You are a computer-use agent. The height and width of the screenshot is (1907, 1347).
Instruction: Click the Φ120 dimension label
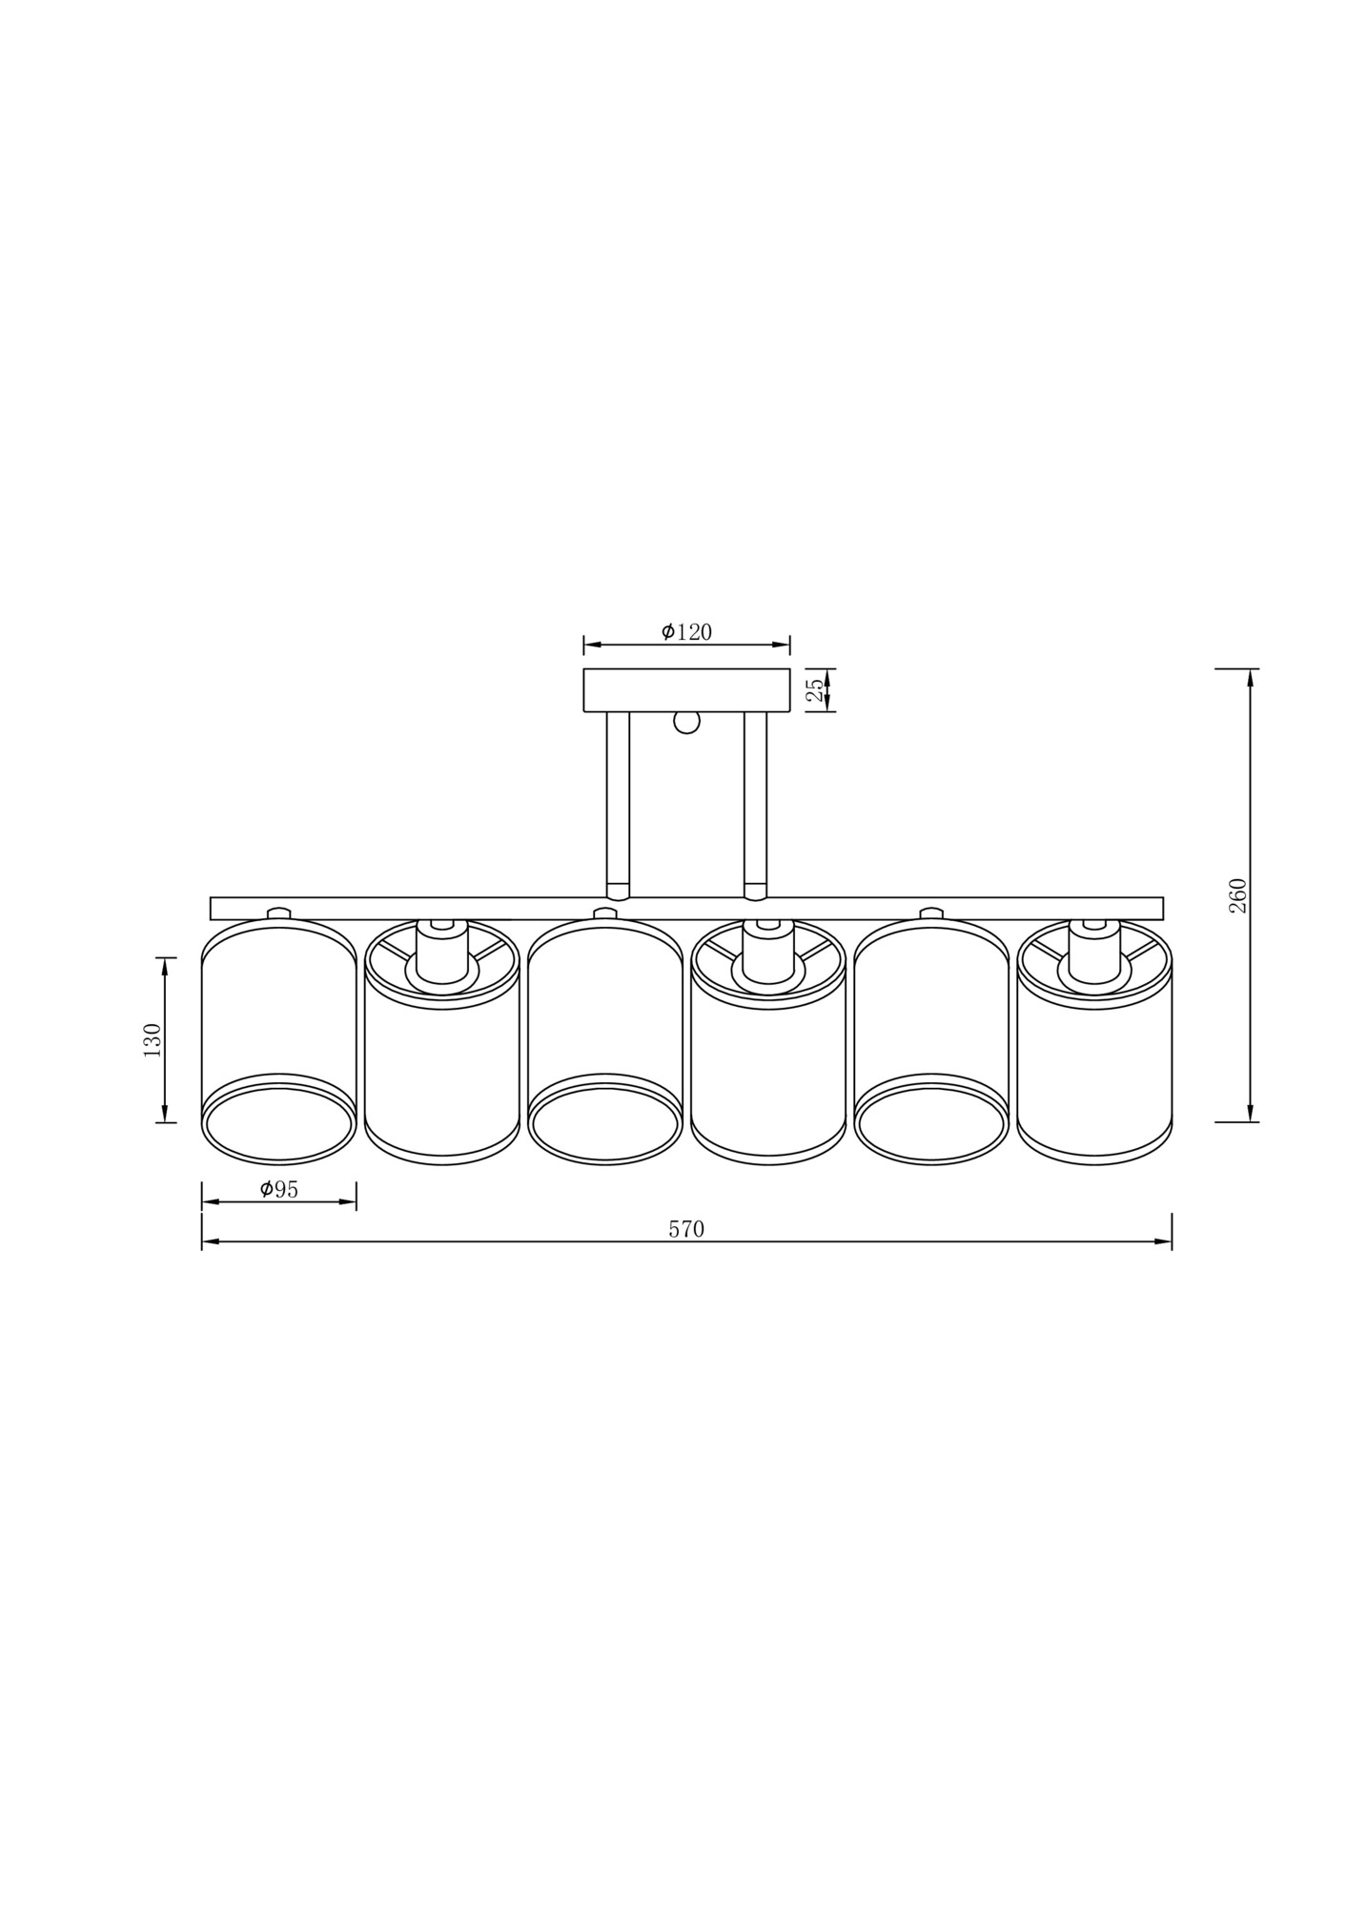pyautogui.click(x=686, y=631)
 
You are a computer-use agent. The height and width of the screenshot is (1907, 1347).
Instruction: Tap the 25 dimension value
pyautogui.click(x=815, y=690)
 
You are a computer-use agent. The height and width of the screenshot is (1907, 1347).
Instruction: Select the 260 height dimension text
pyautogui.click(x=1237, y=895)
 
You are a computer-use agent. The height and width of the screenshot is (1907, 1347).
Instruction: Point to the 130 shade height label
pyautogui.click(x=152, y=1039)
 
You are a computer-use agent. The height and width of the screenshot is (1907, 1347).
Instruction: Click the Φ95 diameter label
pyautogui.click(x=278, y=1189)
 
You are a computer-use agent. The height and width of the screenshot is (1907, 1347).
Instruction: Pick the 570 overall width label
pyautogui.click(x=685, y=1229)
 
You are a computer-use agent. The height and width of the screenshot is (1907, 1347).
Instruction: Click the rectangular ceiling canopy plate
pyautogui.click(x=686, y=690)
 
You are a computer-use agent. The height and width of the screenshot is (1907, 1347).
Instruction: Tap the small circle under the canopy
pyautogui.click(x=686, y=722)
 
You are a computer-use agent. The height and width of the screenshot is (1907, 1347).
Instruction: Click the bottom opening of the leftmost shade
pyautogui.click(x=278, y=1125)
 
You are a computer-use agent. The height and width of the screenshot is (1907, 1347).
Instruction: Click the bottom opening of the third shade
pyautogui.click(x=604, y=1125)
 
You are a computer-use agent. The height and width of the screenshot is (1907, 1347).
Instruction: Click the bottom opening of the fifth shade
pyautogui.click(x=931, y=1125)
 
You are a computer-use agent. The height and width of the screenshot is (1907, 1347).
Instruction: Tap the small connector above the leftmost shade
pyautogui.click(x=278, y=912)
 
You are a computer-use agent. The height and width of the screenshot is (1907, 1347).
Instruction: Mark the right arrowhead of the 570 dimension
pyautogui.click(x=1163, y=1241)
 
